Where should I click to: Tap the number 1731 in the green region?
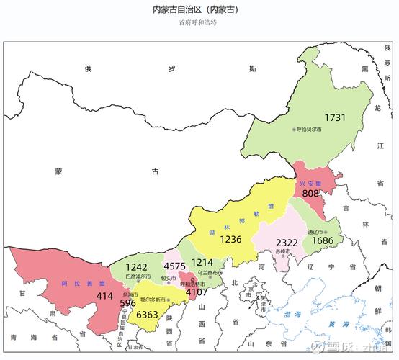(x=335, y=117)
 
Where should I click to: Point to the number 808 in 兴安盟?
(x=310, y=193)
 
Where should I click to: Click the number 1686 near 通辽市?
(x=321, y=240)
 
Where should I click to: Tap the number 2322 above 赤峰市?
(x=286, y=242)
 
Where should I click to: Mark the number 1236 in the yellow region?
(x=230, y=239)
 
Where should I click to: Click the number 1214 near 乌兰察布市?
(x=202, y=263)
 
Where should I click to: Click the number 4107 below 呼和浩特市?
(x=196, y=292)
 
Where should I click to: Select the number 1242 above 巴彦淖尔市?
(x=136, y=266)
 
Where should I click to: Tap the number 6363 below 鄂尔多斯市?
(x=147, y=315)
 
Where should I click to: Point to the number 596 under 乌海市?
(x=129, y=302)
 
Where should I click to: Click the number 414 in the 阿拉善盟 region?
(x=105, y=295)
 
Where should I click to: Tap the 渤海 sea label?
(x=292, y=315)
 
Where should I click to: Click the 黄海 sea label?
(x=333, y=324)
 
